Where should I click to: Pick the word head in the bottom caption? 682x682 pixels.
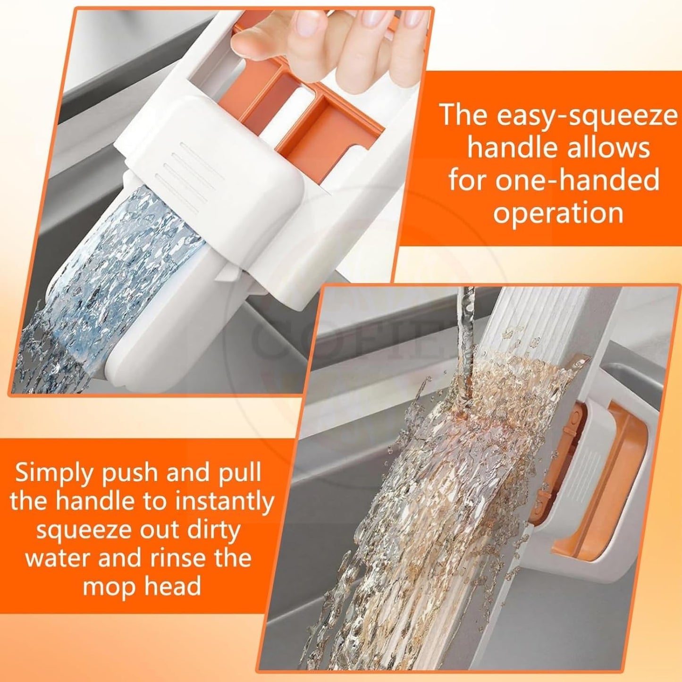172,586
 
